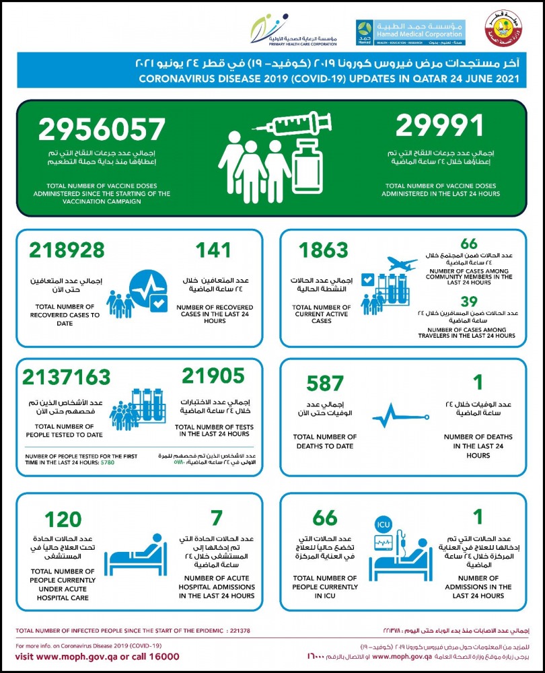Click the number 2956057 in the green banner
click(102, 130)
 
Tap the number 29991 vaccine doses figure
click(439, 125)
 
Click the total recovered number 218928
click(67, 250)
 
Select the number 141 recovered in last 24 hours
click(213, 250)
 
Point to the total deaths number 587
click(325, 383)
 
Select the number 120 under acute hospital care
click(63, 519)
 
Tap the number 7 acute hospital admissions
click(216, 519)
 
